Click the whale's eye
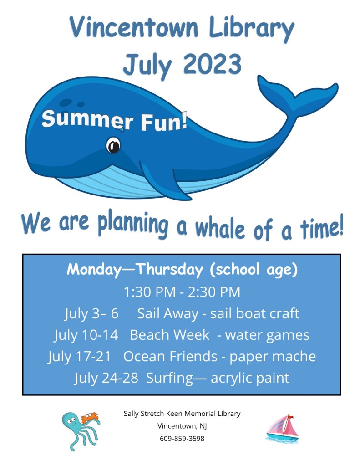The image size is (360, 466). (113, 145)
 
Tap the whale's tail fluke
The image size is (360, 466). (297, 95)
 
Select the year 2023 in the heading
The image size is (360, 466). (212, 64)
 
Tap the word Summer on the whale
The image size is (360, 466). (87, 119)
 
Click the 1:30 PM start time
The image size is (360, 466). (149, 292)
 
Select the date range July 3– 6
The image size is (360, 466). (91, 314)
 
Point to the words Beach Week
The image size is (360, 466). (170, 335)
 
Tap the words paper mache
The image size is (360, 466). (272, 357)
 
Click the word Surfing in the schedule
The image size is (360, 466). (170, 379)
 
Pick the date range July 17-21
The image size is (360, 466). (79, 357)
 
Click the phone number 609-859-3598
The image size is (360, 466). (182, 438)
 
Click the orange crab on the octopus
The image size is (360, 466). (90, 417)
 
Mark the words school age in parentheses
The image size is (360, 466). (254, 270)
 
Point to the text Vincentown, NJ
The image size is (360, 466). (182, 426)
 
